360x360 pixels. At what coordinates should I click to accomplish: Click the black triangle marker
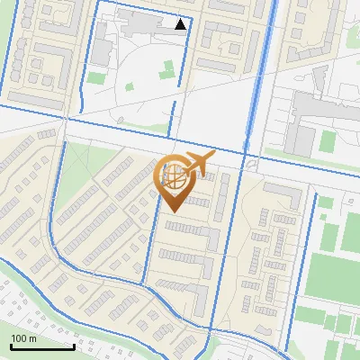pyautogui.click(x=182, y=24)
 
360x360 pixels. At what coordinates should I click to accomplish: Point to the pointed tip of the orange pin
pyautogui.click(x=172, y=212)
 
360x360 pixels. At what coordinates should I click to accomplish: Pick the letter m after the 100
pyautogui.click(x=32, y=338)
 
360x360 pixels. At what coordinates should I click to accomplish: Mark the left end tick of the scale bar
pyautogui.click(x=12, y=346)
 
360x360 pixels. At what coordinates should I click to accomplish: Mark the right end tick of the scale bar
pyautogui.click(x=73, y=346)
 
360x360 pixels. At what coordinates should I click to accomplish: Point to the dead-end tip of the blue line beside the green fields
pyautogui.click(x=316, y=193)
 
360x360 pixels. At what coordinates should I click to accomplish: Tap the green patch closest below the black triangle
pyautogui.click(x=167, y=67)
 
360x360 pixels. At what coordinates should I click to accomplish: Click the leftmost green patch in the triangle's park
pyautogui.click(x=129, y=89)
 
